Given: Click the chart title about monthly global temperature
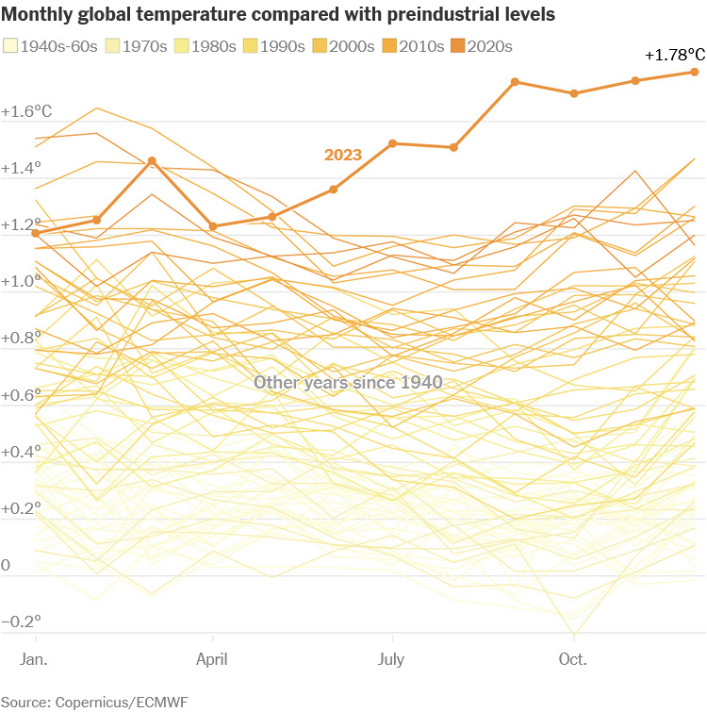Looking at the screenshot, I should click(x=278, y=15).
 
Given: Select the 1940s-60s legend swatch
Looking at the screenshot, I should click(x=11, y=46).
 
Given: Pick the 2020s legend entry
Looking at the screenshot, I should click(x=481, y=46).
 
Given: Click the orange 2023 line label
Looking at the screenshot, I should click(x=342, y=155).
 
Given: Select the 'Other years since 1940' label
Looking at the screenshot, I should click(x=349, y=383).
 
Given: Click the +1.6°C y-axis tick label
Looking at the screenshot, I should click(x=26, y=111).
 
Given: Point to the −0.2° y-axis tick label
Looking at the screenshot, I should click(x=21, y=621).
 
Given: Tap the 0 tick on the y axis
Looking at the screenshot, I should click(x=7, y=565).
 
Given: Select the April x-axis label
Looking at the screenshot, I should click(x=214, y=659).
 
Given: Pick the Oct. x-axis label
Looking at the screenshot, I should click(x=572, y=659).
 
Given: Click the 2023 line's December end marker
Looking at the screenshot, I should click(x=695, y=72).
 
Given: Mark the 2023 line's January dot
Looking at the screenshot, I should click(x=36, y=232).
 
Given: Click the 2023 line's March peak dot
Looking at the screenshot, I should click(x=153, y=161).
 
